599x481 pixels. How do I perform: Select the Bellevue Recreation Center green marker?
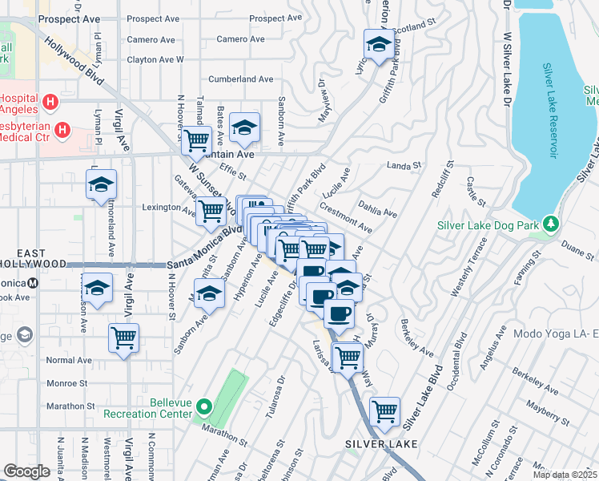coord(203,407)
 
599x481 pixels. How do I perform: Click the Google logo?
coord(26,471)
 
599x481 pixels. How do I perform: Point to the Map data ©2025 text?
coord(565,475)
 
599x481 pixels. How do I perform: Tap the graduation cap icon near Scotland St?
coord(378,43)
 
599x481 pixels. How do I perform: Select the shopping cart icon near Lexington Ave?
coord(211,212)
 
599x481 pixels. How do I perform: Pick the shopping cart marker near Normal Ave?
coord(124,338)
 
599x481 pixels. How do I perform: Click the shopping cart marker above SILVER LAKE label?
coord(385,411)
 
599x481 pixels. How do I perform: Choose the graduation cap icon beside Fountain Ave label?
coord(244,127)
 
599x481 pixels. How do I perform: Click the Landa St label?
coord(404,166)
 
